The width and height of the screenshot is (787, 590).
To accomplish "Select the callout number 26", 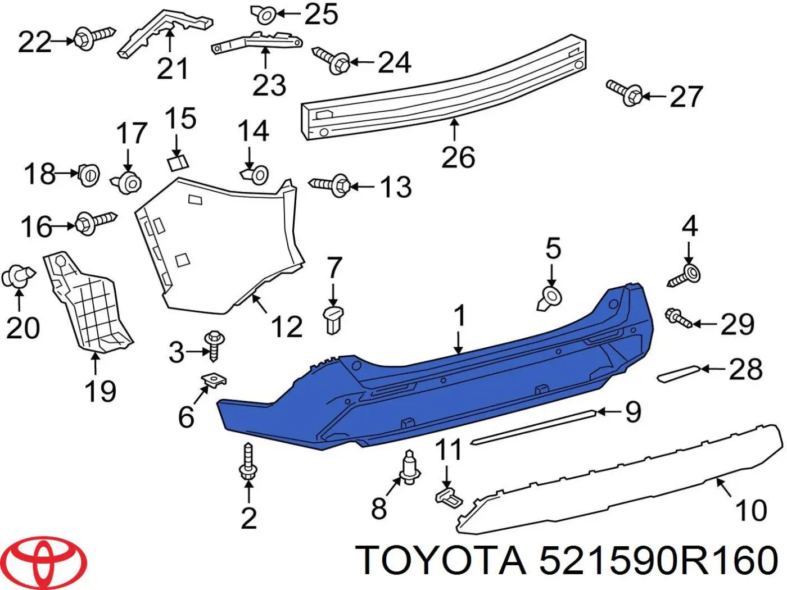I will pos(458,157).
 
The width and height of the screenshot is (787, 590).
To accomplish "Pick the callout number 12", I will pos(287,326).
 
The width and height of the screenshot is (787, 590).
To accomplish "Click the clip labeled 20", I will pos(18,276).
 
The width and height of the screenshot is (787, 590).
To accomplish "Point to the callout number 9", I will pos(633,412).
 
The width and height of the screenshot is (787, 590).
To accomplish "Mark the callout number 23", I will pos(269,85).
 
